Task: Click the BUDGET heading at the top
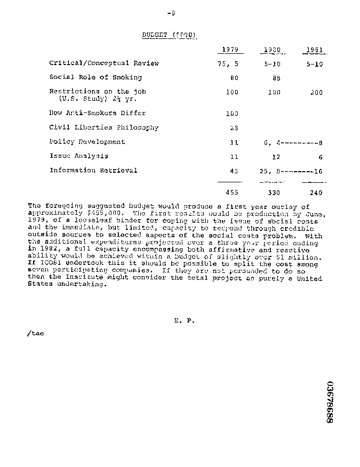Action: tap(170, 35)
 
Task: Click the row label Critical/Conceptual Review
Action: tap(104, 63)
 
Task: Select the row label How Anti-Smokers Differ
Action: tap(97, 113)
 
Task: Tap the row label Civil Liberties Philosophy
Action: tap(103, 127)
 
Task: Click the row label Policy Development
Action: tap(87, 142)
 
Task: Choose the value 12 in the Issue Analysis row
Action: tap(276, 157)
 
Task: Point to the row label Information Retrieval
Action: tap(93, 171)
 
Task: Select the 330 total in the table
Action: tap(274, 193)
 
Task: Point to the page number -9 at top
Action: tap(171, 13)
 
